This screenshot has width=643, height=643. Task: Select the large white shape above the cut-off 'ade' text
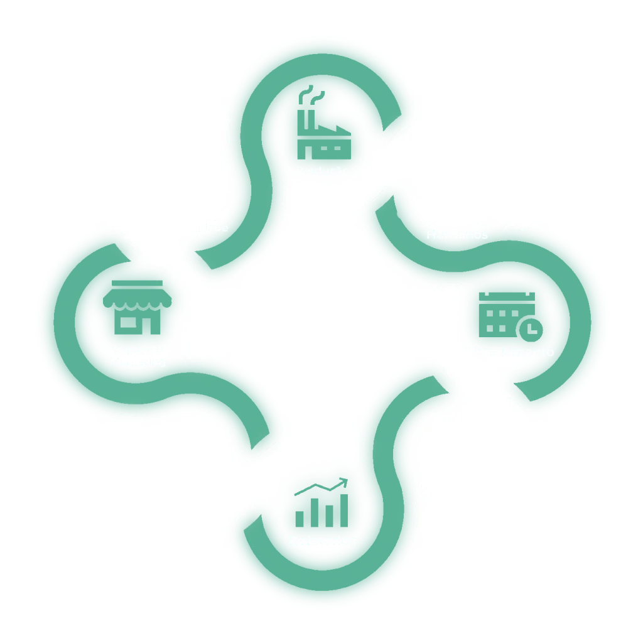click(x=163, y=157)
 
